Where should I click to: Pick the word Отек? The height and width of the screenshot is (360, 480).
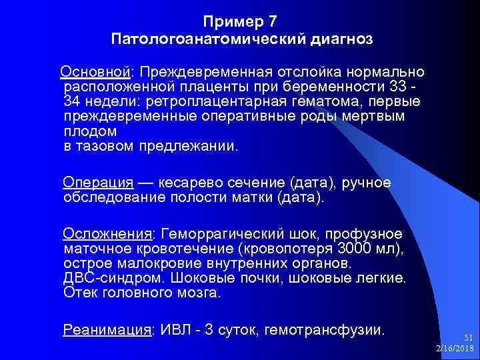(x=79, y=292)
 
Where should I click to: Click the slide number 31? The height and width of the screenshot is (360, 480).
(x=468, y=338)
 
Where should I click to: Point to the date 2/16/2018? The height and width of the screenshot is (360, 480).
(x=455, y=349)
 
